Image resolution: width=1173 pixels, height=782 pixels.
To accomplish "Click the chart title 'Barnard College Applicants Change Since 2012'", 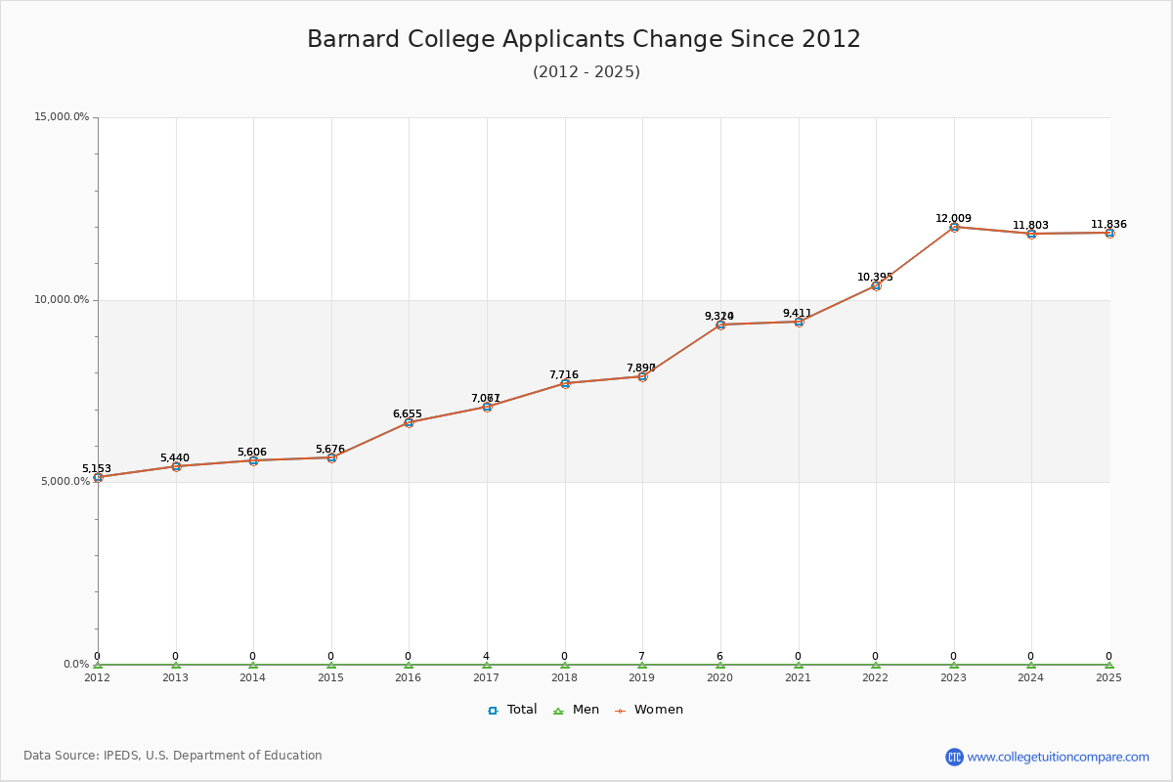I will click(x=584, y=39).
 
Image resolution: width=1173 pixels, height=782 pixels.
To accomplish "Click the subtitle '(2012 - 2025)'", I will click(x=586, y=72).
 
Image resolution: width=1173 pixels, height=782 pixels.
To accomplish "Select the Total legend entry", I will click(x=512, y=710).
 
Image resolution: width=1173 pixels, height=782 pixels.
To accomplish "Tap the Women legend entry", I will click(x=649, y=710).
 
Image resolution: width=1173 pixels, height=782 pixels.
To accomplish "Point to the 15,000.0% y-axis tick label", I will click(x=62, y=117).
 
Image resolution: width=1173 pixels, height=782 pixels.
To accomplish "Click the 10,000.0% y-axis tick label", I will click(x=62, y=300).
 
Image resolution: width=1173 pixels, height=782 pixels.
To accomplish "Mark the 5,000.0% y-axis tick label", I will click(x=65, y=482).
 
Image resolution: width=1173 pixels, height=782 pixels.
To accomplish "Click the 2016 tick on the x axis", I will click(x=409, y=676).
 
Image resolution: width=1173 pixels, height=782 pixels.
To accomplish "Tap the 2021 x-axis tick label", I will click(x=798, y=676).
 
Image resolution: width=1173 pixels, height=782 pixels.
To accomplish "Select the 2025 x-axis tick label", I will click(x=1108, y=676).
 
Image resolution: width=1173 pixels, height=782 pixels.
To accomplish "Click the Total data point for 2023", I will click(x=954, y=227).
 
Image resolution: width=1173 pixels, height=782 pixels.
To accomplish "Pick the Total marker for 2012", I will click(x=98, y=477).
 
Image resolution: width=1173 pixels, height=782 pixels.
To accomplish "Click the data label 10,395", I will click(x=875, y=278).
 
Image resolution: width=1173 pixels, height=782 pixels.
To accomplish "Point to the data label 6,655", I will click(x=408, y=414).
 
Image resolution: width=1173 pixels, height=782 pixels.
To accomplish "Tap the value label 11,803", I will click(x=1030, y=226).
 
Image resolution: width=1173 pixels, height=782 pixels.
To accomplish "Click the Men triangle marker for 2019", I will click(x=642, y=665).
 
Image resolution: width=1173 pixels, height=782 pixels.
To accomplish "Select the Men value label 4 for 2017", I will click(x=486, y=657).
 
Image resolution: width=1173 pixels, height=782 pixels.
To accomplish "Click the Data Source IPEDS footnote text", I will click(x=173, y=756).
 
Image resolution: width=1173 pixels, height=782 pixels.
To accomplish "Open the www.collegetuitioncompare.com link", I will click(x=1058, y=757).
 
